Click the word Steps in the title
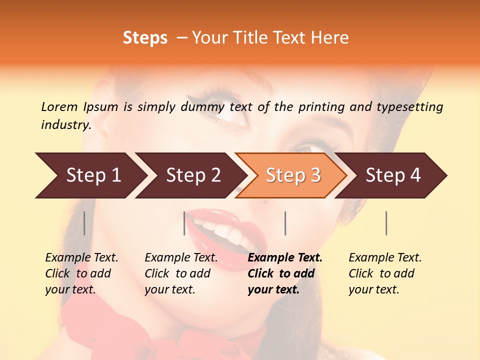(x=145, y=38)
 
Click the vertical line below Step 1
(x=84, y=223)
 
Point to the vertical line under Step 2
(x=184, y=223)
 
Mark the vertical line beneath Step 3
(x=285, y=223)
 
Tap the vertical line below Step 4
(x=386, y=223)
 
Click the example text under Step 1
(x=81, y=273)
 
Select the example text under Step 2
(x=181, y=273)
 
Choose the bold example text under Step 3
(x=285, y=273)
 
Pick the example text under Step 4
(x=385, y=273)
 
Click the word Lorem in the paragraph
(x=59, y=106)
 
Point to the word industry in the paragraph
(x=66, y=125)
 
